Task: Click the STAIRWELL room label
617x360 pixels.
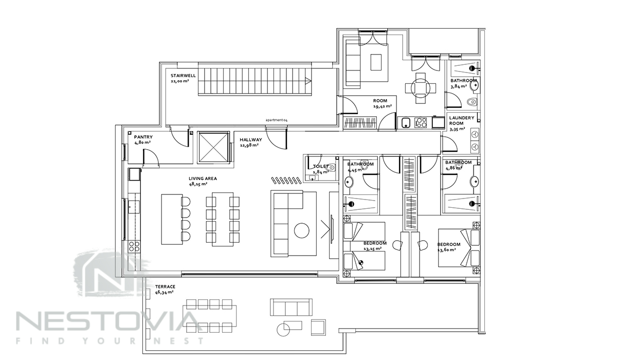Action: click(183, 76)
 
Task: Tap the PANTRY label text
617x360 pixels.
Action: click(143, 137)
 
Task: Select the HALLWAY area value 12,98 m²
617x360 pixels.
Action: click(249, 145)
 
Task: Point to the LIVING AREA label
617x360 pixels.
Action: click(203, 178)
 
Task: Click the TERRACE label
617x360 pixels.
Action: click(165, 287)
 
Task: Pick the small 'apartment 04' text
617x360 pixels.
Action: click(276, 120)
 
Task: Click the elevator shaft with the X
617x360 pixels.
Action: click(214, 148)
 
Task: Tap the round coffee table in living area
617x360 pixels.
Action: click(302, 230)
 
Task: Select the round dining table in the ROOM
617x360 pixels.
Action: click(421, 88)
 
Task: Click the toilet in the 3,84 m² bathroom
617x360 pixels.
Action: click(472, 102)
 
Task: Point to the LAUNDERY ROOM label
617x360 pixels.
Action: click(461, 121)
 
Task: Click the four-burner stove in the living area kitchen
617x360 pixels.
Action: click(134, 246)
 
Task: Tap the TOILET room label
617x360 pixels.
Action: click(321, 167)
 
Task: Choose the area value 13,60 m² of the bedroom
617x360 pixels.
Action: click(446, 250)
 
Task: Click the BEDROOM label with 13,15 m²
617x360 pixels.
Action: click(375, 243)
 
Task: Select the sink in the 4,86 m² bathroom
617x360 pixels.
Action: click(475, 181)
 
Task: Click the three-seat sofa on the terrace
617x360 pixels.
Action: click(292, 307)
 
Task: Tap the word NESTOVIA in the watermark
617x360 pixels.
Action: click(107, 321)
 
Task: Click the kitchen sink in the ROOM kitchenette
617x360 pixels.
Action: click(405, 122)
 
